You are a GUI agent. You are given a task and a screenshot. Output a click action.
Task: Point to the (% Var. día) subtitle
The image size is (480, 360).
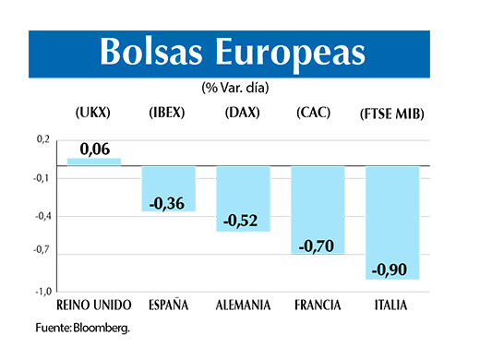coord(240,89)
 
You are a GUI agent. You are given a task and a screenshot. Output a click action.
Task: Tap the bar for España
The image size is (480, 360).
coord(168,188)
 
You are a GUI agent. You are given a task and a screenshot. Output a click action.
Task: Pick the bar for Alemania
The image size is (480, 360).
coord(243,198)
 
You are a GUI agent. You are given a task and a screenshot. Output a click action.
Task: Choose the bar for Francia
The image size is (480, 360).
coord(318,210)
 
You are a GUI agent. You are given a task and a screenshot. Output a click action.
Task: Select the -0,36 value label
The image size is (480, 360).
coord(168,202)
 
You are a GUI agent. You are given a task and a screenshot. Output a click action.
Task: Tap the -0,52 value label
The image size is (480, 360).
coord(243,222)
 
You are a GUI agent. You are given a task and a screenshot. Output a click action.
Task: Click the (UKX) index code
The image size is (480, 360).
coord(92,113)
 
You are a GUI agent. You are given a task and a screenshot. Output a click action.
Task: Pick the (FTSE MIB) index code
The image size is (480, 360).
coord(392,114)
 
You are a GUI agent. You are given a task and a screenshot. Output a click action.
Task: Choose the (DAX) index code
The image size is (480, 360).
coord(242,113)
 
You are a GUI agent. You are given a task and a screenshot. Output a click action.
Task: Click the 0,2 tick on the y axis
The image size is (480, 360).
coord(42,139)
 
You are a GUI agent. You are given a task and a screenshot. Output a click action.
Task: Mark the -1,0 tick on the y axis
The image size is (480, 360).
coord(41,291)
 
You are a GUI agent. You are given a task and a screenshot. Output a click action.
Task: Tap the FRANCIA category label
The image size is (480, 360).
coord(318,305)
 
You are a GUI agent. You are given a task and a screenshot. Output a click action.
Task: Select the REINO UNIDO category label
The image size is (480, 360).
coord(94,305)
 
